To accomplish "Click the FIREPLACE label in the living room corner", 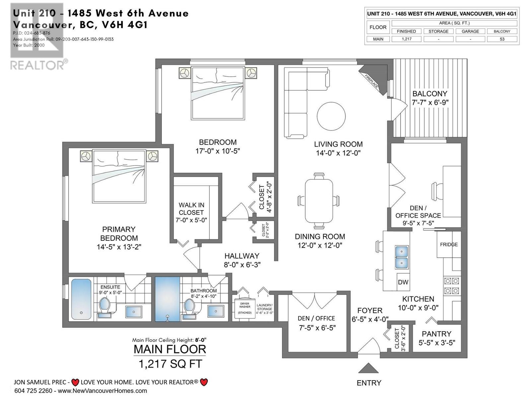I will [x=372, y=81].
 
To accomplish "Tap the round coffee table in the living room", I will [x=331, y=116].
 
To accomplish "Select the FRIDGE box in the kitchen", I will [x=449, y=244].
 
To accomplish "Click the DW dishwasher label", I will [x=403, y=282].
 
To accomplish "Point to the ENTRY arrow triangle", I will [x=368, y=368].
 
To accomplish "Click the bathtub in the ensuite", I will [x=81, y=300].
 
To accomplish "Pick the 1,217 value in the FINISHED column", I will [x=406, y=39].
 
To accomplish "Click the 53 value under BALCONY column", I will [x=502, y=39].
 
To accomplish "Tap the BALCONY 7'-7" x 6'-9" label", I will [x=430, y=98].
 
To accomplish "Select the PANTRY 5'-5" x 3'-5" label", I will [x=436, y=338].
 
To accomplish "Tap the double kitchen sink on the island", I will [x=402, y=257].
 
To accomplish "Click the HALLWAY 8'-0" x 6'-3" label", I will [x=242, y=260].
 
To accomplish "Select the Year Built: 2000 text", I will [x=29, y=45].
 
